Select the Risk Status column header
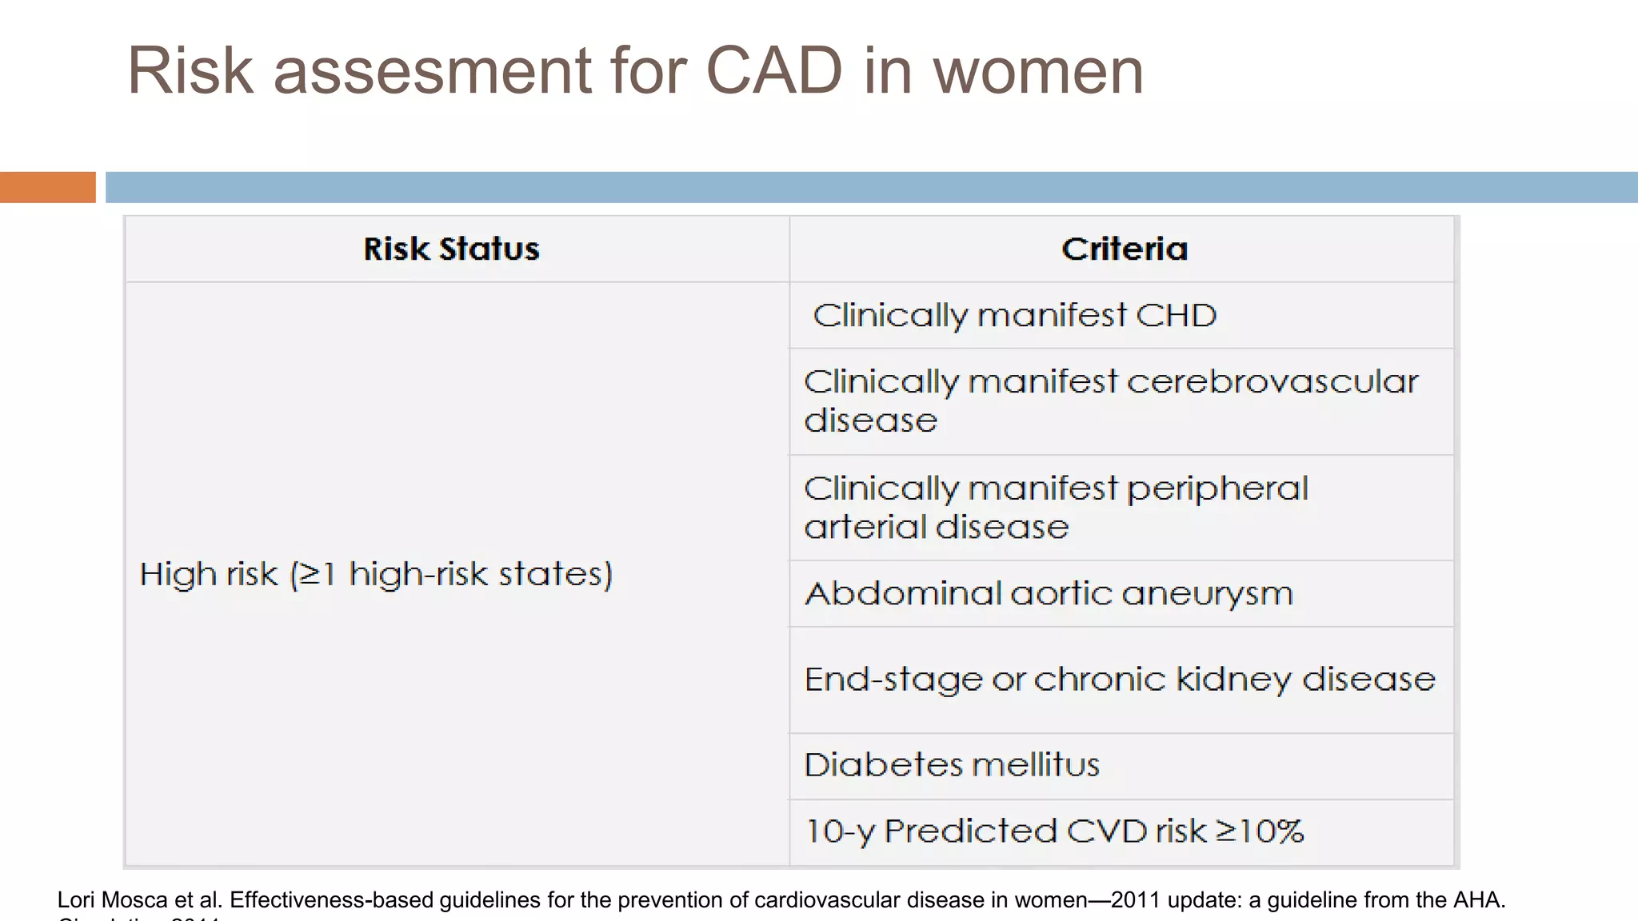click(x=451, y=249)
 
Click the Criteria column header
click(x=1124, y=249)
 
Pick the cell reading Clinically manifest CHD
click(x=1014, y=315)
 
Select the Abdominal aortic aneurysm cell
click(x=1048, y=593)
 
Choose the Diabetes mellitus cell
click(x=952, y=765)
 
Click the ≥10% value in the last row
click(x=1260, y=831)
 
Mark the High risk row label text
click(x=376, y=574)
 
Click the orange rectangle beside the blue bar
click(x=47, y=187)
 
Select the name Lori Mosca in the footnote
click(x=112, y=900)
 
